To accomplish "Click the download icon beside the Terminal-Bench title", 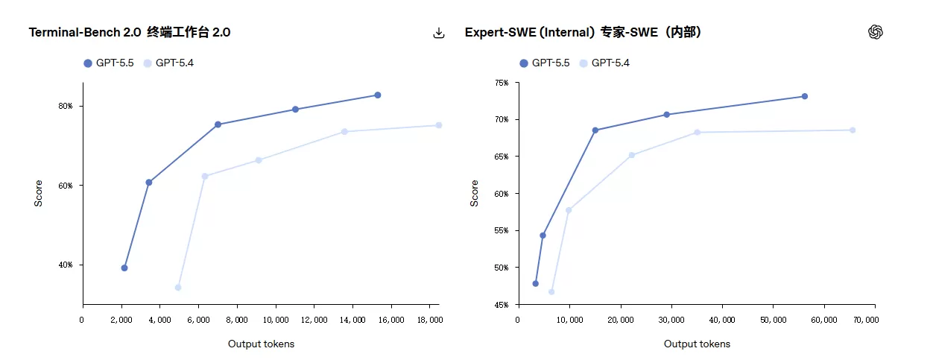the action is (x=439, y=33).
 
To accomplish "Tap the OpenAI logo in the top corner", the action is (x=876, y=32).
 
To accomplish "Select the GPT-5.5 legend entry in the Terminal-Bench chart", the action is (x=109, y=63).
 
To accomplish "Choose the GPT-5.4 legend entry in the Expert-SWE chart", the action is (x=604, y=63).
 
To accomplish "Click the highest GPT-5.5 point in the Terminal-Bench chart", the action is (x=377, y=95).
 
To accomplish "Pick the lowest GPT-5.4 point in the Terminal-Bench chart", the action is (x=178, y=288).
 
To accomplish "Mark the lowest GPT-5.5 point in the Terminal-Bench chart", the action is (x=124, y=268).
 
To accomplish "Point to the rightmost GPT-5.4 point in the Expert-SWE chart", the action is (x=853, y=130).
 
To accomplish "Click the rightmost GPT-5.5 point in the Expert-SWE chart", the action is (x=805, y=96).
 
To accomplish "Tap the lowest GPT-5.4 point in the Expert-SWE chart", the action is (x=551, y=291).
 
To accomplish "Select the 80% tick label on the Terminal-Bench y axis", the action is (x=66, y=107).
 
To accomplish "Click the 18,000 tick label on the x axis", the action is (x=430, y=320).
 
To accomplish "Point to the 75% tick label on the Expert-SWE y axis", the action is (x=502, y=83).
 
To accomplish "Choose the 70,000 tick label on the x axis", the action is (x=866, y=320).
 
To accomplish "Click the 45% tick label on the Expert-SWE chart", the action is (x=502, y=305).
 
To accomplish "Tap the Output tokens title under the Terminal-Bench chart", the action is (x=261, y=344).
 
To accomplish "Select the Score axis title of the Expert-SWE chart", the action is (x=474, y=193).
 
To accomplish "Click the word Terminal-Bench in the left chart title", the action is (x=75, y=32).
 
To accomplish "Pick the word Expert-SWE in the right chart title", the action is (x=500, y=32).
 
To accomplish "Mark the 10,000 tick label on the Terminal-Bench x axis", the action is (x=276, y=320).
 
